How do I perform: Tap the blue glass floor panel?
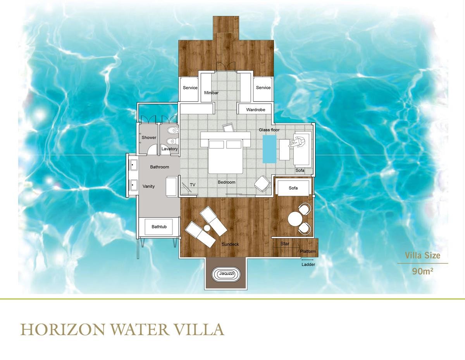coord(269,149)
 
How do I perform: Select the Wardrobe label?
coord(255,110)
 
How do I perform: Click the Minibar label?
coord(211,93)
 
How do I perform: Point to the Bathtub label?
coord(159,227)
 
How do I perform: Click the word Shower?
coord(149,138)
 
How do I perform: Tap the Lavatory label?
coord(169,149)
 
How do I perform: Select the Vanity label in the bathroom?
coord(148,186)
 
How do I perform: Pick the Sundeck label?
coord(230,244)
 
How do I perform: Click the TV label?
coord(192,184)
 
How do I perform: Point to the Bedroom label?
coord(227,182)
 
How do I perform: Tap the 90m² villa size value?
coord(423,271)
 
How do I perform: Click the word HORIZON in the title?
coord(62,330)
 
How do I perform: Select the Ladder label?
coord(308,265)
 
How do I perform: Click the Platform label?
coord(308,251)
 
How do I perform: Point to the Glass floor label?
coord(269,130)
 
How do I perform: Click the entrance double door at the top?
coord(226,66)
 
